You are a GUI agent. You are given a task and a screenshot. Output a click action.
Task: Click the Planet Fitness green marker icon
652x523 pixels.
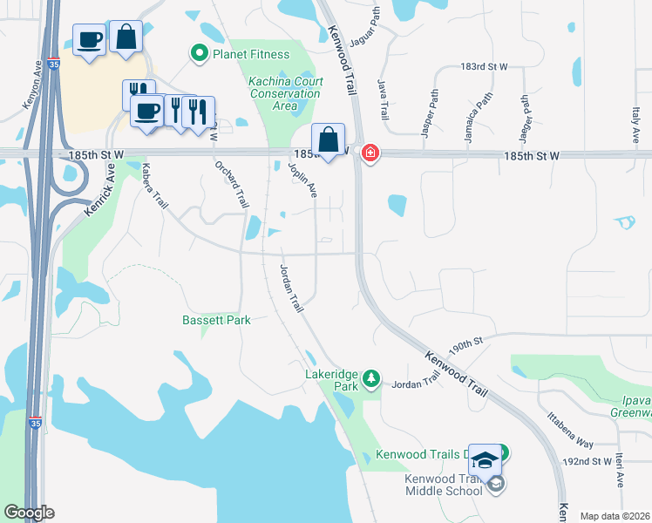[x=200, y=54]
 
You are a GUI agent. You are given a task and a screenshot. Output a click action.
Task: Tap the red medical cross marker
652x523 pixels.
[x=370, y=154]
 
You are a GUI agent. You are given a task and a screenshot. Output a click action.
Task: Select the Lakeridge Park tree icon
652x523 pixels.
[x=372, y=378]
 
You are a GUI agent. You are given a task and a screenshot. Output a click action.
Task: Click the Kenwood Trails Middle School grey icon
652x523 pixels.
[x=496, y=484]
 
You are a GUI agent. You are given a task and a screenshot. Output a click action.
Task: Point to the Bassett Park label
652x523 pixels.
[x=216, y=320]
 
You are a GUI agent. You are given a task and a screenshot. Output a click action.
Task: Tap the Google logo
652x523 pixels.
[x=29, y=513]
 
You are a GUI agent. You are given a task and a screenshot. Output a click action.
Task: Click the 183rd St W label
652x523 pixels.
[x=484, y=66]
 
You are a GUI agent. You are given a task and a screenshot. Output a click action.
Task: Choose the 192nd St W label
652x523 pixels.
[x=588, y=461]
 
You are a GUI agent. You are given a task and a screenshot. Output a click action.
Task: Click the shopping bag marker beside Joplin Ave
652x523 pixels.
[x=328, y=139]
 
